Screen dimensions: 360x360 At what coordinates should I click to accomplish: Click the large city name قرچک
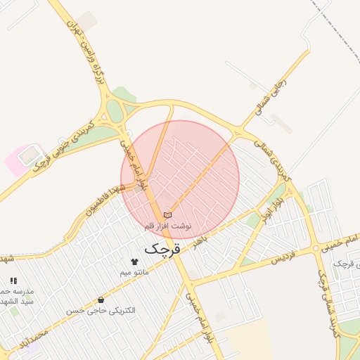pos(162,248)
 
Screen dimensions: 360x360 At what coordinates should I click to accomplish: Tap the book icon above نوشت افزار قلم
pos(167,214)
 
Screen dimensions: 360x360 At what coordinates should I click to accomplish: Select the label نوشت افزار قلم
pos(167,226)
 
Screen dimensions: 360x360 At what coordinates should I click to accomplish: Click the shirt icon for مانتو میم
pos(134,262)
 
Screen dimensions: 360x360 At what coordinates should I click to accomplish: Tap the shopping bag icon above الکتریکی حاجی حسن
pos(102,300)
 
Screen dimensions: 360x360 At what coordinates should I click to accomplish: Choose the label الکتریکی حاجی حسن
pos(101,310)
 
